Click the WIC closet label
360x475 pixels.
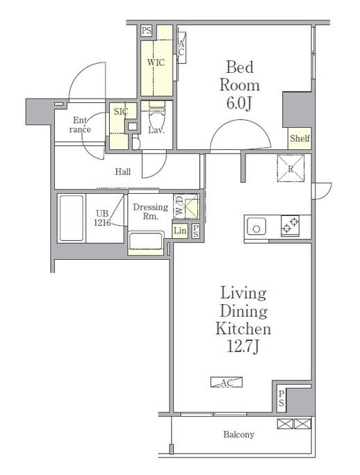(156, 62)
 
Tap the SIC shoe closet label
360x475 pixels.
(121, 112)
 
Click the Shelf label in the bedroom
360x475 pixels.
(300, 138)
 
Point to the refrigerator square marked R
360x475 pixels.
(291, 169)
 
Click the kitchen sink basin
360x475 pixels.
(256, 226)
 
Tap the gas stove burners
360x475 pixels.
(290, 226)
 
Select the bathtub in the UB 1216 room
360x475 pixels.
(72, 218)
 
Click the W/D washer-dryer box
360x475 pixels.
(186, 206)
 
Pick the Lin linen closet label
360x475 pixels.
(180, 231)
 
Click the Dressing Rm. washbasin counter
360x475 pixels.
(146, 242)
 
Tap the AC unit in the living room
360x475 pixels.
(227, 383)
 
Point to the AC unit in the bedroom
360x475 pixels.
(181, 47)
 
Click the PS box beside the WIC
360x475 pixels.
(146, 31)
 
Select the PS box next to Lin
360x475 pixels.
(195, 231)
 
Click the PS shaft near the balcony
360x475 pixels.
(281, 399)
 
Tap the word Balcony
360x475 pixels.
(238, 435)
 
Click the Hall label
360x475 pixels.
(123, 172)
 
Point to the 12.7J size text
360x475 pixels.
(243, 347)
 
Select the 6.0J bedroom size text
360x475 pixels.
(239, 103)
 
